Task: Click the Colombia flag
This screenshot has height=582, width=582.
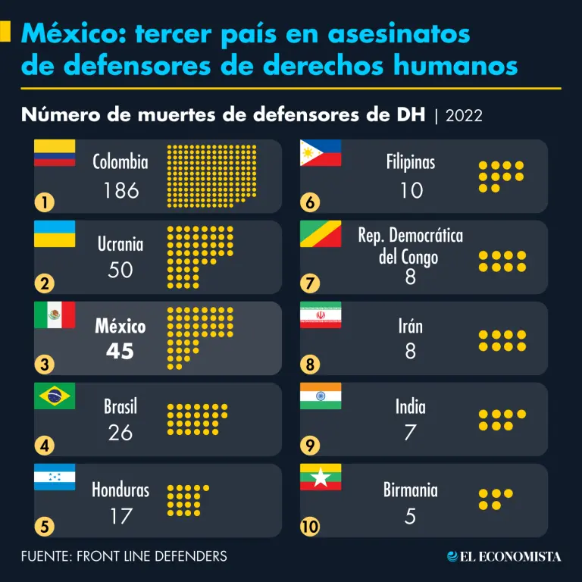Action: [55, 152]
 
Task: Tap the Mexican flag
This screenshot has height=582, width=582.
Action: [55, 314]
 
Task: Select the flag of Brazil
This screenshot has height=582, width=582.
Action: [55, 396]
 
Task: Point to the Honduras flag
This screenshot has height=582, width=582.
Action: [55, 477]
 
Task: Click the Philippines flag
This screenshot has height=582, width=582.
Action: [321, 152]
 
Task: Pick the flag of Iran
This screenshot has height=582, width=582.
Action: [321, 314]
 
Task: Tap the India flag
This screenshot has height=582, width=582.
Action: [321, 396]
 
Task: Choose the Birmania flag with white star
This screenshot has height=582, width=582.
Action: [321, 477]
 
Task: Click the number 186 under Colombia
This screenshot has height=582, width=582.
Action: [121, 189]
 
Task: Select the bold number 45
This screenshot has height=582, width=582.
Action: [120, 351]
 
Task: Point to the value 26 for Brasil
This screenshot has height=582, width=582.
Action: [120, 432]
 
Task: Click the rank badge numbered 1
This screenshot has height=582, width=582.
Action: [45, 202]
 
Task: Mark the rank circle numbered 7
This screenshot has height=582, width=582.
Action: [310, 283]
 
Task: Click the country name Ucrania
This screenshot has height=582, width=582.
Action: [120, 244]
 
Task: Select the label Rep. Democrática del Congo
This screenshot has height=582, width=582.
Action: [410, 246]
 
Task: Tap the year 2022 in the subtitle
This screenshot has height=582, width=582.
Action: [465, 115]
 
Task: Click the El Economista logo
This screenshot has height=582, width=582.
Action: [504, 557]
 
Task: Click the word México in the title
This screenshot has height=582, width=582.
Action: [67, 34]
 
